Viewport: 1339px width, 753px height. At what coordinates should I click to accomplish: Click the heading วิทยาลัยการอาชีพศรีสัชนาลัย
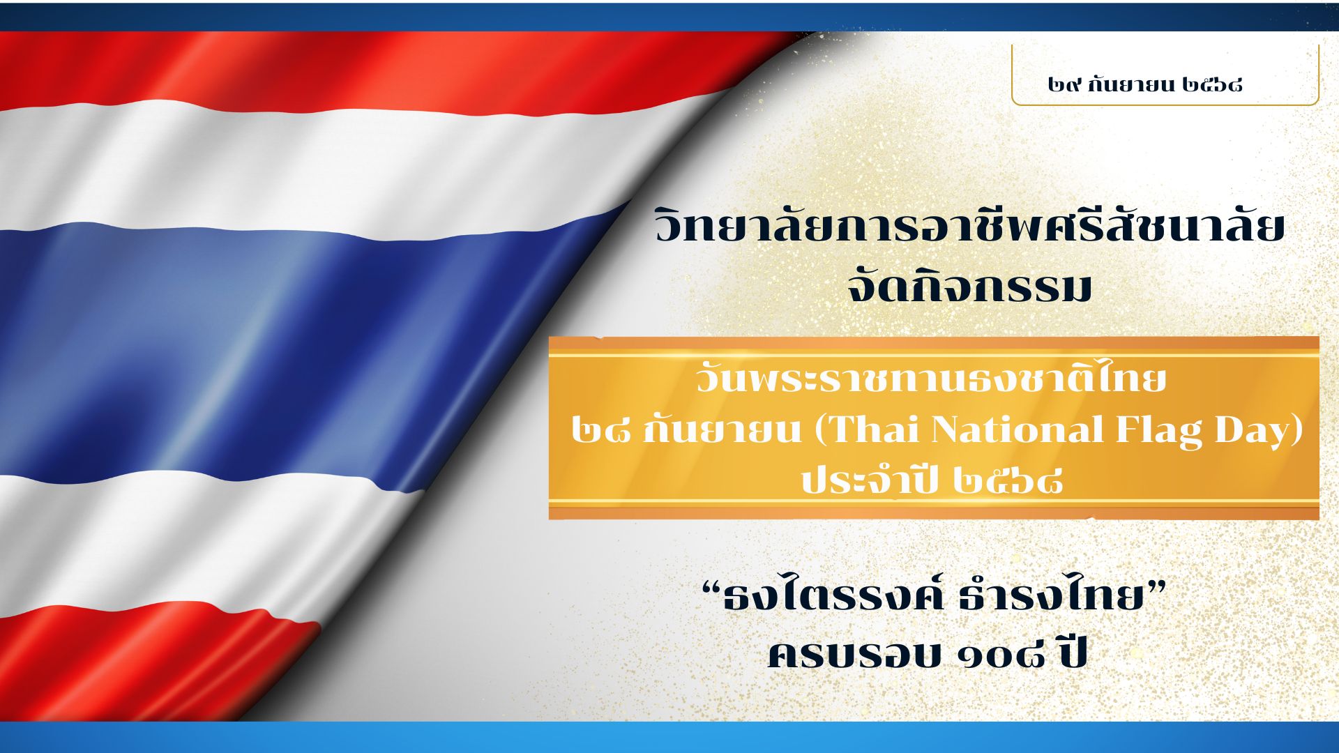(x=970, y=227)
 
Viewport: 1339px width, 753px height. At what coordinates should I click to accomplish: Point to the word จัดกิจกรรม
(x=969, y=287)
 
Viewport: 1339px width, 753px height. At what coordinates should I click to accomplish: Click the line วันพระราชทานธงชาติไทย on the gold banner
(x=930, y=380)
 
